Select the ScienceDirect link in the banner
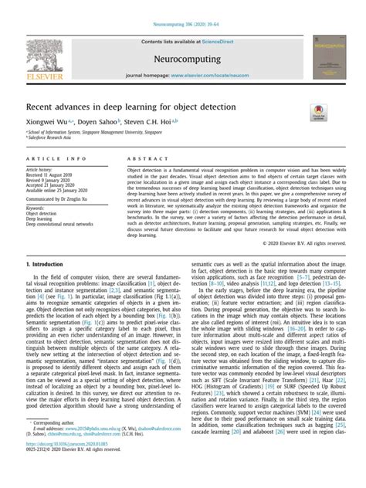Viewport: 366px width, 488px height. click(x=212, y=42)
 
